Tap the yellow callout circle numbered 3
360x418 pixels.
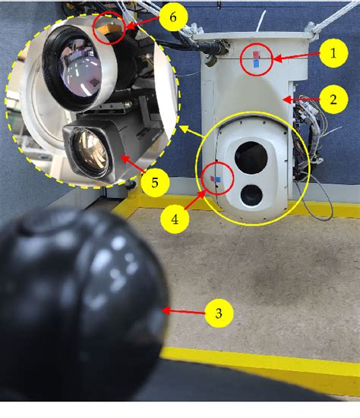(x=221, y=312)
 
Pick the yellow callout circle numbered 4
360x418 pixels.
(x=175, y=219)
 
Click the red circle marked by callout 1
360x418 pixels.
(x=254, y=58)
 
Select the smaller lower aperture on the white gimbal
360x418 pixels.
(x=252, y=196)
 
